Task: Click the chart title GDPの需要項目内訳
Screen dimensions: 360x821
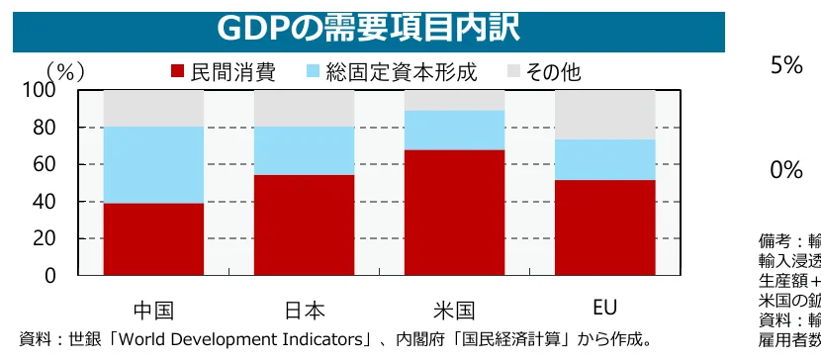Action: tap(367, 28)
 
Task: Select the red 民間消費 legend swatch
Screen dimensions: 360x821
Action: tap(178, 72)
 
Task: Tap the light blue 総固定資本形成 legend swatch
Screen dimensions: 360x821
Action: tap(314, 72)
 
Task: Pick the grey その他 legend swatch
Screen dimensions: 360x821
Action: tap(513, 72)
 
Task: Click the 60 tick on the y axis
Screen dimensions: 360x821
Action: tap(44, 165)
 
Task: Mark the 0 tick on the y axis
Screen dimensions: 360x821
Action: tap(49, 277)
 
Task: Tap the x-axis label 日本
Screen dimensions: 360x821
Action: tap(304, 311)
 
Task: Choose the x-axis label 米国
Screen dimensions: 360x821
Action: tap(454, 311)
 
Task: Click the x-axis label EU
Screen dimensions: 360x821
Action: tap(604, 310)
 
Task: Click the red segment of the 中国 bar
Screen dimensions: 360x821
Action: tap(153, 239)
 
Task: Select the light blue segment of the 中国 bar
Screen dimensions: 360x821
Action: tap(153, 164)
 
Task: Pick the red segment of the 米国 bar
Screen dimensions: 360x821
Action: tap(454, 213)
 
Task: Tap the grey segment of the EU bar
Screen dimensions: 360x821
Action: tap(604, 114)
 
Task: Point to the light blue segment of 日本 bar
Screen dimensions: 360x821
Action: tap(304, 150)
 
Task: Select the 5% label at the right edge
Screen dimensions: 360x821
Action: tap(786, 65)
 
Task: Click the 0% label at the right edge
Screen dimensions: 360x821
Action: tap(786, 170)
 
